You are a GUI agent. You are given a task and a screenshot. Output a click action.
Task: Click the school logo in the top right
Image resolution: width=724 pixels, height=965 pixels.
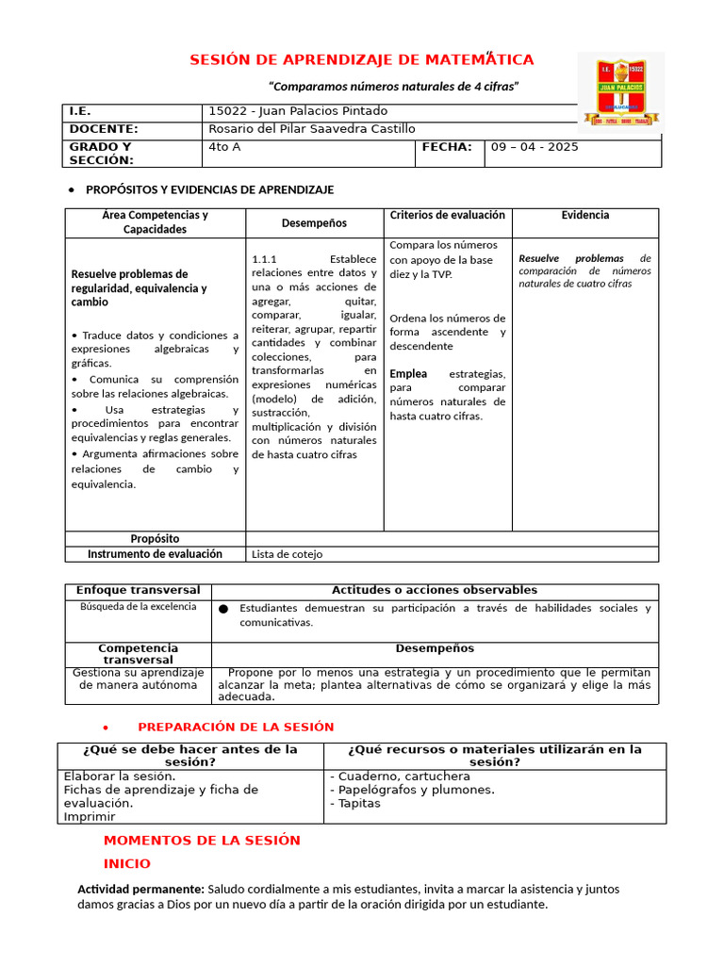(619, 91)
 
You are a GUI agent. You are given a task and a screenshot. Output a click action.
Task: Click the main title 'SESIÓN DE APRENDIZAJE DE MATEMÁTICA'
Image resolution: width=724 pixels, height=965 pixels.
(362, 60)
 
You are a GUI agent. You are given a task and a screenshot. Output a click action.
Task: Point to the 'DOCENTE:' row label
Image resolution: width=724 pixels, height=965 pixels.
(104, 129)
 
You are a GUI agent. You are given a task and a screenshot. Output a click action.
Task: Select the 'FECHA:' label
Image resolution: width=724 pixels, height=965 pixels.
(447, 147)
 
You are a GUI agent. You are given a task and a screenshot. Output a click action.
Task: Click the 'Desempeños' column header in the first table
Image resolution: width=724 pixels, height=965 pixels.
(314, 223)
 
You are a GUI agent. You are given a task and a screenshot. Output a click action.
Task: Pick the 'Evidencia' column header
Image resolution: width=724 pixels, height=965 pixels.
(584, 215)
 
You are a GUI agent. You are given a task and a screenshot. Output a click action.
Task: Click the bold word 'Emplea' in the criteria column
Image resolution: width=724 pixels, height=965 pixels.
(409, 374)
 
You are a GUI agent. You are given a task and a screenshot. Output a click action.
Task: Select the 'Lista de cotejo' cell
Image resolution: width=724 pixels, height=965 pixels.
(283, 555)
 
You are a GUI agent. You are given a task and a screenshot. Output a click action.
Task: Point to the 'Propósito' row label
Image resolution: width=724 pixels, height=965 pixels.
(155, 539)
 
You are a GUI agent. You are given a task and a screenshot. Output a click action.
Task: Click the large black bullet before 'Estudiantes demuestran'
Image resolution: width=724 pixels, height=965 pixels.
(223, 609)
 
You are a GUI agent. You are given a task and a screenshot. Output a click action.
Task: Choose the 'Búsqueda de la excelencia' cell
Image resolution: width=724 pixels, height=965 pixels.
(138, 606)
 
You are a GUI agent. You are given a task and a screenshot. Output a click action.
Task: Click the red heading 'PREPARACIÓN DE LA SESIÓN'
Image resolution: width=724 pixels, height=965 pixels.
(236, 727)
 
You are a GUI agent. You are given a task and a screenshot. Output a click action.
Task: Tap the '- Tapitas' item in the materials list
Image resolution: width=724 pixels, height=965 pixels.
(355, 803)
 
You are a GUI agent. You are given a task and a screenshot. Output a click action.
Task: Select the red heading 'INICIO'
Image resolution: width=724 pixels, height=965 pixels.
(126, 863)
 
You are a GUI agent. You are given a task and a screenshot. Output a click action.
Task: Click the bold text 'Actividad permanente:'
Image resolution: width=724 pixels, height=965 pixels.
(140, 889)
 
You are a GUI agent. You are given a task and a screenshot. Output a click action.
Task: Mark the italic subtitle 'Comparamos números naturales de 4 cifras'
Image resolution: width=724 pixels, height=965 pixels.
(394, 87)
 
